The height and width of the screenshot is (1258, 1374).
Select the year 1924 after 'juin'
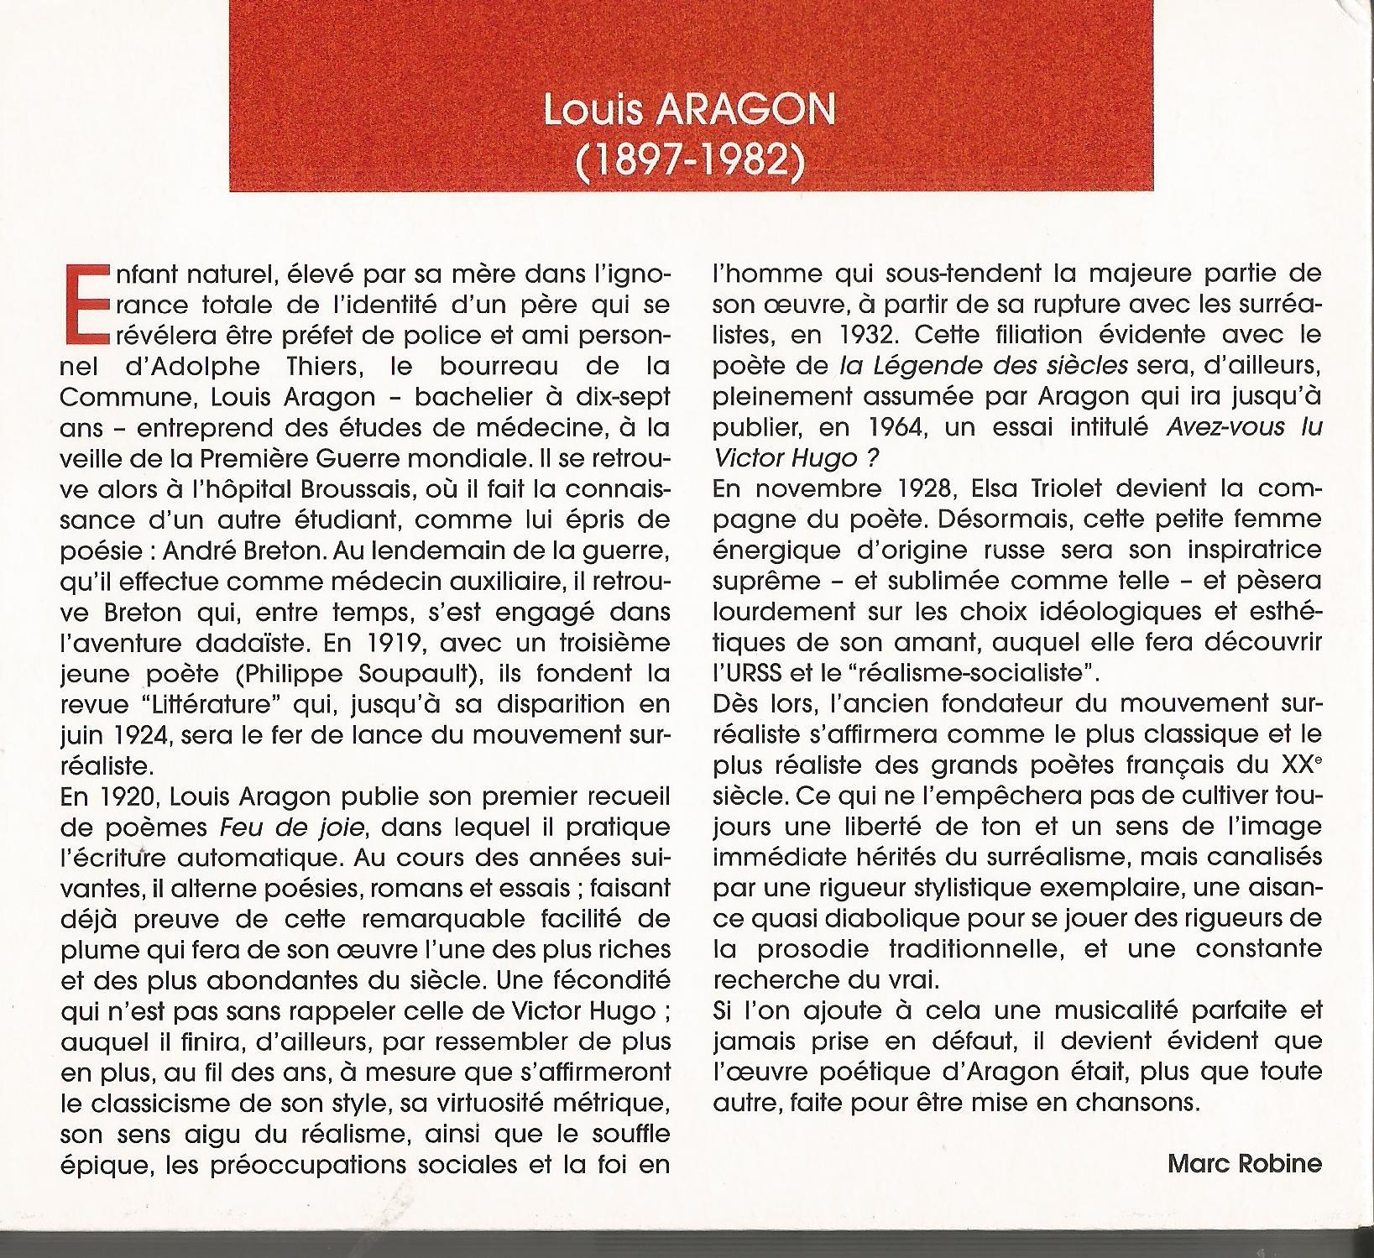coord(137,735)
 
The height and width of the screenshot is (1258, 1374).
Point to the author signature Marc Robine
coord(1244,1164)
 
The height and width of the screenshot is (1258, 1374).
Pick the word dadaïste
coord(220,643)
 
